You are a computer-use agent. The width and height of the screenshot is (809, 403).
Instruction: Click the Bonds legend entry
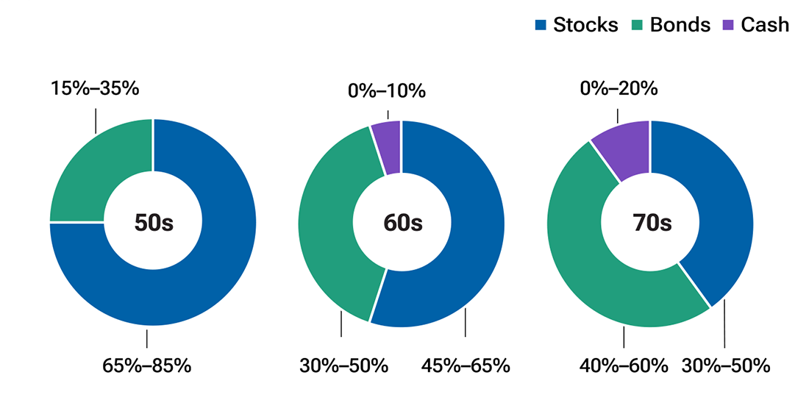click(671, 25)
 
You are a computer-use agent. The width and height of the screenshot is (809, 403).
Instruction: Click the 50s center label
click(153, 223)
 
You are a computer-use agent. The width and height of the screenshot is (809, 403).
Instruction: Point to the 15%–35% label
click(95, 89)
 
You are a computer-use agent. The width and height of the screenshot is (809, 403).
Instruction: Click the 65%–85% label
click(146, 365)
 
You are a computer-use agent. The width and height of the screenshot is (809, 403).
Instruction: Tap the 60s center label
click(402, 223)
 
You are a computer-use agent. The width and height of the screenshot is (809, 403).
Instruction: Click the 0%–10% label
click(388, 91)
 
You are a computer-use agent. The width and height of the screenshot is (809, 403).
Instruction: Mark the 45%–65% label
click(466, 365)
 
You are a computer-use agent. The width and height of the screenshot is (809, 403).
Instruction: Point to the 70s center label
click(650, 223)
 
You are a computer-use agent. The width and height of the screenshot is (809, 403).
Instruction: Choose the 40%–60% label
click(624, 365)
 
